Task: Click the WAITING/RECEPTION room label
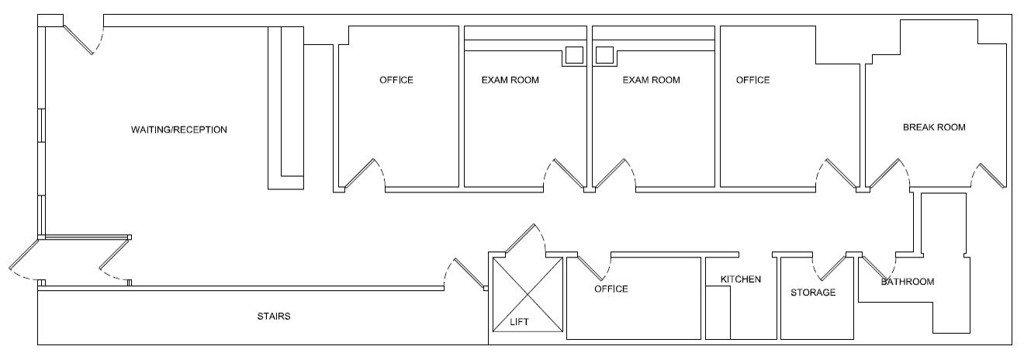click(x=178, y=130)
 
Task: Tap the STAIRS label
click(x=274, y=317)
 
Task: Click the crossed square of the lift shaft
click(x=528, y=294)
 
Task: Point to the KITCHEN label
click(x=741, y=279)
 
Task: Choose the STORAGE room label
click(x=813, y=292)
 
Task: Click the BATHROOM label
click(x=907, y=282)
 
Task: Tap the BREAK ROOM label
click(x=934, y=127)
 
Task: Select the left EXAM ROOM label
click(x=510, y=80)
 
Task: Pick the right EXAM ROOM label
click(x=651, y=80)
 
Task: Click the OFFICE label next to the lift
click(x=611, y=289)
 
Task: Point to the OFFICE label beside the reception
click(x=396, y=80)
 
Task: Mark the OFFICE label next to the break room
click(x=752, y=80)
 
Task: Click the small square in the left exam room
click(x=573, y=55)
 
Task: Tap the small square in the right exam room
click(x=604, y=55)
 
